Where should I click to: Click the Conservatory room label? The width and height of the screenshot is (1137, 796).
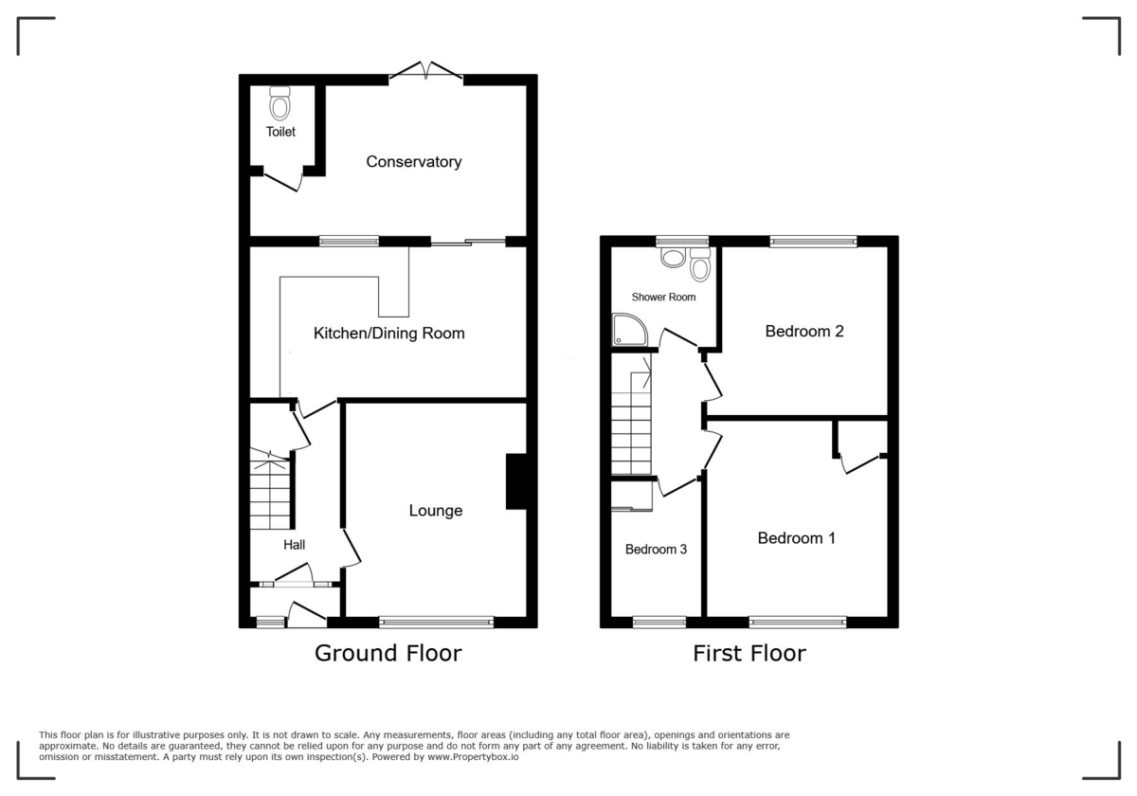coord(414,162)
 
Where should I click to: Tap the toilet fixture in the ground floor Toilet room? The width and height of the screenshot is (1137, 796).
coord(280,103)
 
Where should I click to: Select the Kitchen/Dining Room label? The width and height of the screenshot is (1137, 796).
coord(389,334)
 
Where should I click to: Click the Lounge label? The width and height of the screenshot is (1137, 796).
coord(436,511)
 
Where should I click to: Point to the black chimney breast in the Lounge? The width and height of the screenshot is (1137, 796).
coord(517,482)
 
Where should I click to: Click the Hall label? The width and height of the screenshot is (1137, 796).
coord(295,545)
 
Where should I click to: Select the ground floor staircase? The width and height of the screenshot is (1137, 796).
coord(270,493)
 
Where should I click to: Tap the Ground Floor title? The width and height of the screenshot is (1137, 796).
coord(388,653)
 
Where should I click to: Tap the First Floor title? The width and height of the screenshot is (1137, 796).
coord(749,653)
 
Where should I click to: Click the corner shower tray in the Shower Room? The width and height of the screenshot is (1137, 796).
coord(627,330)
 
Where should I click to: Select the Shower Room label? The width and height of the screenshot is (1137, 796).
coord(663,298)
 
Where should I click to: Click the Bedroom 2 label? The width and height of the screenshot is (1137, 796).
coord(804,332)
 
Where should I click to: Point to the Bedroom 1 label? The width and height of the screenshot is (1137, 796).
coord(797,538)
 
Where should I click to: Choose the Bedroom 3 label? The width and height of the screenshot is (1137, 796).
coord(657,550)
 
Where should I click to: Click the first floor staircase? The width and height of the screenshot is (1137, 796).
coord(632,422)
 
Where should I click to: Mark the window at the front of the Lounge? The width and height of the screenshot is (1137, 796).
coord(437,623)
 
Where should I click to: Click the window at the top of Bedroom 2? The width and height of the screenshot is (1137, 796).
coord(813,242)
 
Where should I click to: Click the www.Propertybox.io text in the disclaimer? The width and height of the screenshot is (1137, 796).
coord(472,757)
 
